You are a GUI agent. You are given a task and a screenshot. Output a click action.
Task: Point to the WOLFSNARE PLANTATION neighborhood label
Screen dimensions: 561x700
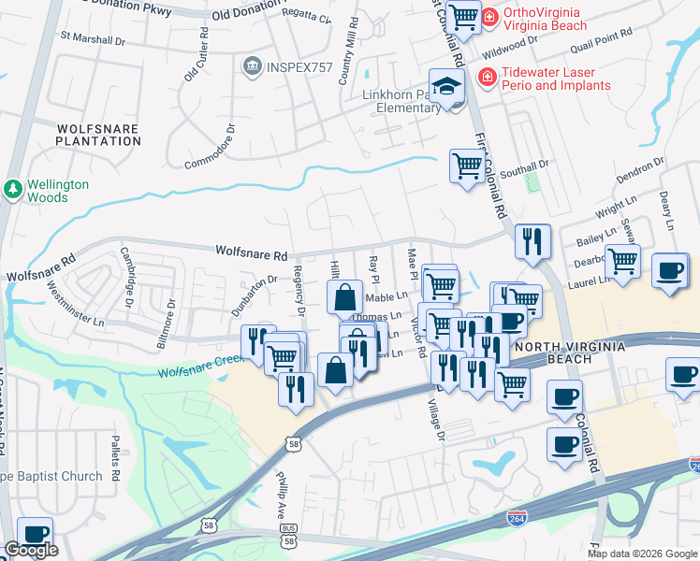[x=98, y=135]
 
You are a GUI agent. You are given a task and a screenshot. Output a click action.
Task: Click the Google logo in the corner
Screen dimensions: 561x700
[x=31, y=550]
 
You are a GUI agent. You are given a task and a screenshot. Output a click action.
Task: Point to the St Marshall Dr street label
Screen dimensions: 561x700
[x=93, y=40]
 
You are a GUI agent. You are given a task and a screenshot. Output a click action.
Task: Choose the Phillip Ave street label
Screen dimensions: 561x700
[x=280, y=498]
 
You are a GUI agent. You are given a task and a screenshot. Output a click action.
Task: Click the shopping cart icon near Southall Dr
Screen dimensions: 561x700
[x=466, y=166]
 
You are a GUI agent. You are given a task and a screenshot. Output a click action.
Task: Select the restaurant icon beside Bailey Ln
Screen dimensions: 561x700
[x=532, y=241]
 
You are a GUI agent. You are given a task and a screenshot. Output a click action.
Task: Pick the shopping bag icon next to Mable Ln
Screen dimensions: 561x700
[x=345, y=297]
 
